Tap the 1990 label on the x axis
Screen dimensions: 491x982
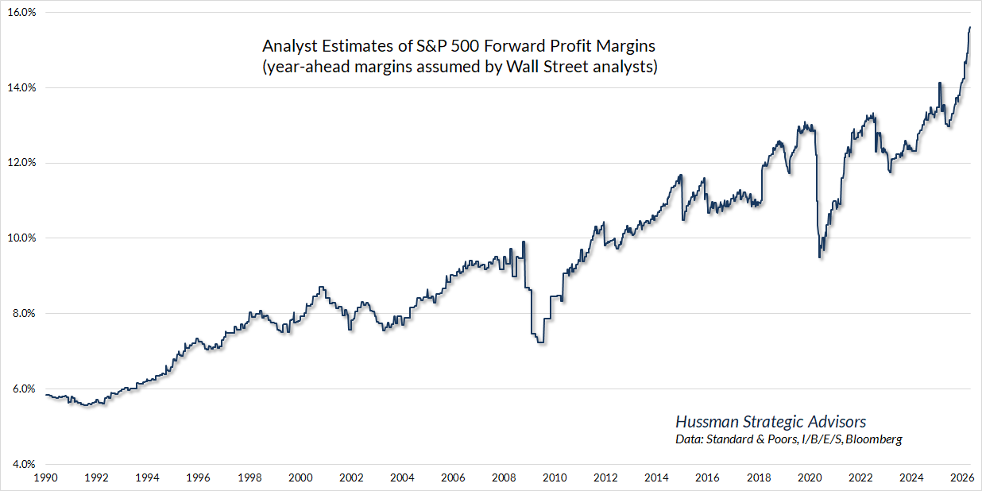(45, 478)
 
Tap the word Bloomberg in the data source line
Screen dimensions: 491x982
(874, 439)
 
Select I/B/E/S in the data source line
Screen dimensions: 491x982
(822, 439)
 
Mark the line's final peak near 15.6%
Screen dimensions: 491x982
(970, 28)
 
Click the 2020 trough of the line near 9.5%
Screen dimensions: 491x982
(820, 257)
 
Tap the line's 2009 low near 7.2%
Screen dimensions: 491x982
(540, 342)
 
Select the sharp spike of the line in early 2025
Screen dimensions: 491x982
(939, 83)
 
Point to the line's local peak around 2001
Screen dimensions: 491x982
(320, 288)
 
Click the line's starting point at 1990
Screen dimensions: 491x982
(46, 395)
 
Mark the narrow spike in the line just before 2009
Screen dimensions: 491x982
(523, 242)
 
